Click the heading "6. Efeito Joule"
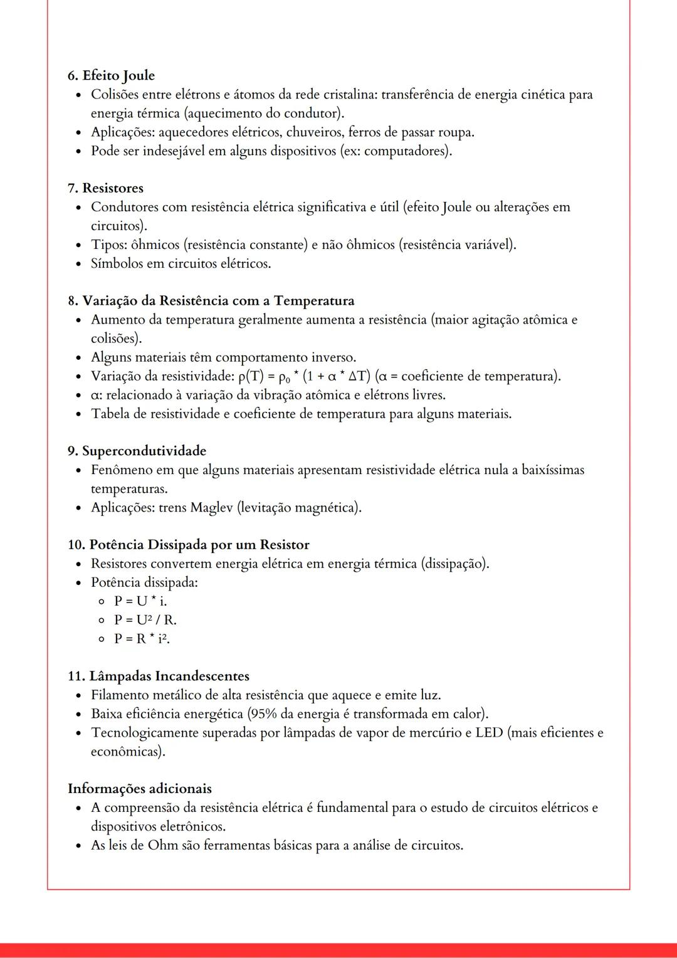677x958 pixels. click(x=111, y=76)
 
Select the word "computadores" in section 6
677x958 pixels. click(x=406, y=151)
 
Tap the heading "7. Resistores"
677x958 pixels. click(x=105, y=188)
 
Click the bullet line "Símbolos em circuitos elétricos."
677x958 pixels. click(x=181, y=263)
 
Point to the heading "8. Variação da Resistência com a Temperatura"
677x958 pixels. click(x=211, y=301)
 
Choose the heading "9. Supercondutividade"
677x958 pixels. click(x=137, y=451)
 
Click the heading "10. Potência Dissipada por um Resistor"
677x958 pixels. click(x=188, y=545)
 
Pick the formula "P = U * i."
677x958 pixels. click(x=140, y=601)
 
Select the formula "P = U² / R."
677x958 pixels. click(x=145, y=620)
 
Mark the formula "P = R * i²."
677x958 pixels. click(x=142, y=639)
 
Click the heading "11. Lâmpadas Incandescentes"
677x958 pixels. click(x=159, y=676)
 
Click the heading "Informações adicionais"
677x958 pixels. click(x=140, y=789)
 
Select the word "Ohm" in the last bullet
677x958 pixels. click(x=163, y=845)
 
